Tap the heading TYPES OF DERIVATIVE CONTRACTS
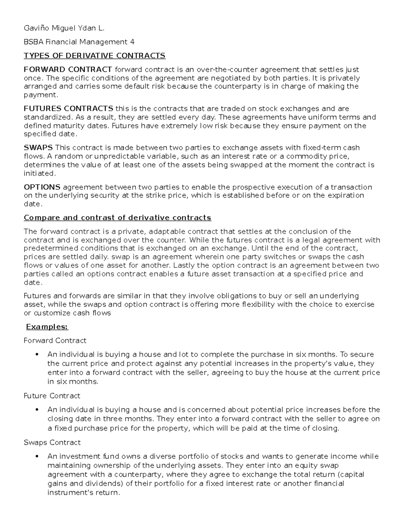tap(94, 55)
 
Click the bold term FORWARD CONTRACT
tap(68, 70)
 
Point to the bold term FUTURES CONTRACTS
tap(69, 109)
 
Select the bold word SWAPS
tap(38, 148)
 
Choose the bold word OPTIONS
tap(42, 187)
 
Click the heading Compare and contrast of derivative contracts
tap(117, 218)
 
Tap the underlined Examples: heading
tap(47, 327)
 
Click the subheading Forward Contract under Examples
tap(55, 340)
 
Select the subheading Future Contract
tap(52, 395)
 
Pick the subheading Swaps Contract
tap(52, 442)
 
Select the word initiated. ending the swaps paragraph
tap(39, 173)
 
